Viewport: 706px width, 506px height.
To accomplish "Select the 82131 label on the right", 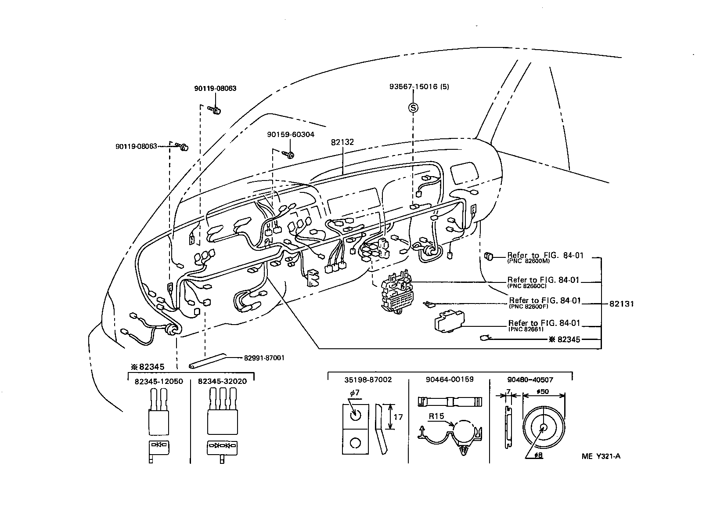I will pos(622,304).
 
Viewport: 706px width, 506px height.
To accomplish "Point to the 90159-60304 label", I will pos(290,134).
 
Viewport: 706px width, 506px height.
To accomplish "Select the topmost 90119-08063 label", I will pos(215,88).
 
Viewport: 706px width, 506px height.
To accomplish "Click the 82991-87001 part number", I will pos(264,358).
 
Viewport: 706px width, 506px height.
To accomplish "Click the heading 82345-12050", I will pos(158,381).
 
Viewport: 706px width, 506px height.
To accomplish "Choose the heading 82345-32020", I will pos(222,381).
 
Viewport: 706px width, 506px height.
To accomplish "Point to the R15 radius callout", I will pos(436,416).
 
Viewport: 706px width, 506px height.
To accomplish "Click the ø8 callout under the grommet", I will pos(538,455).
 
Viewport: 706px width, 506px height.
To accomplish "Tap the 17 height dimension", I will pos(398,417).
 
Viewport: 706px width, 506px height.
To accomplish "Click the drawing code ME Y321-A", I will pos(601,456).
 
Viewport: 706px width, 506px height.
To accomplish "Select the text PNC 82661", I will pos(526,329).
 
